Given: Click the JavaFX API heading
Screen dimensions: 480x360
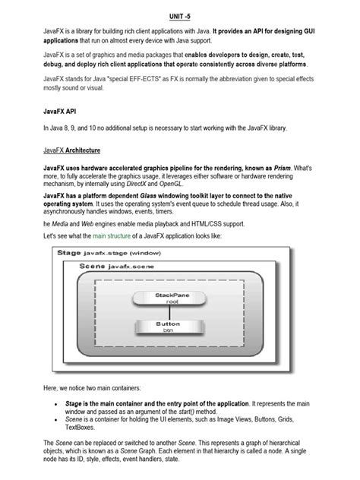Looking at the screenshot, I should click(60, 110).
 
